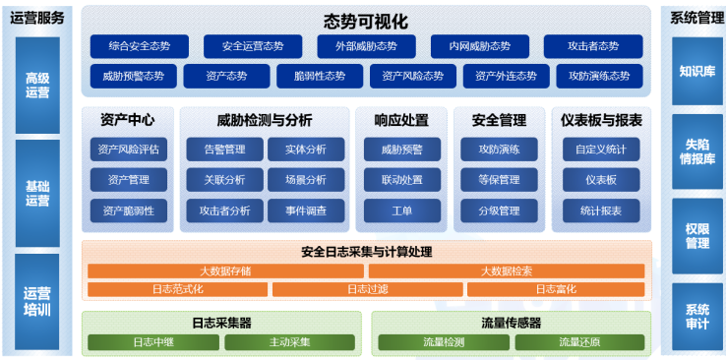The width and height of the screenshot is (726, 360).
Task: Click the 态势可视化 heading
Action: coord(365,21)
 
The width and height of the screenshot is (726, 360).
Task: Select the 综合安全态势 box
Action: coord(139,46)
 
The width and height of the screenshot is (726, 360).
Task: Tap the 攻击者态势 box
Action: coord(593,46)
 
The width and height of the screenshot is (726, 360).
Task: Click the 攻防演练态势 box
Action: coord(593,76)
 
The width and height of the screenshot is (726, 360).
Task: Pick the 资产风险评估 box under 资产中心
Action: coord(128,150)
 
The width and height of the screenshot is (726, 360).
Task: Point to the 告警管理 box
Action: coord(223,150)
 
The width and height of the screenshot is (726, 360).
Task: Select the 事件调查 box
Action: coord(306,210)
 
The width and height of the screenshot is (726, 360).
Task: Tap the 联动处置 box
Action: coord(400,180)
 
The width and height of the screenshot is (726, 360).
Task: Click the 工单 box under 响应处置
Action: coord(400,210)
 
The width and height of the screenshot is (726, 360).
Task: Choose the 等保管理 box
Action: coord(499,180)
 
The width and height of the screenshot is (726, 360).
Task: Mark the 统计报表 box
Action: coord(600,210)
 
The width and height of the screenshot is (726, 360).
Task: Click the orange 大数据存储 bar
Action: coord(225,270)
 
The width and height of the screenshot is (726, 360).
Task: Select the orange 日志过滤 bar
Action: coord(367,289)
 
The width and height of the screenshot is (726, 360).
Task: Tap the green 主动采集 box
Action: coord(289,342)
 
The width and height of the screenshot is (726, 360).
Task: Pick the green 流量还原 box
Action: coord(579,342)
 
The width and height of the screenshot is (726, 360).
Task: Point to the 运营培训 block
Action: coord(37,300)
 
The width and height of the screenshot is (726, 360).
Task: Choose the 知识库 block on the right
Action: coord(696,71)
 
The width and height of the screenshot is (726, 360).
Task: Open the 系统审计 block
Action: coord(696,316)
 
